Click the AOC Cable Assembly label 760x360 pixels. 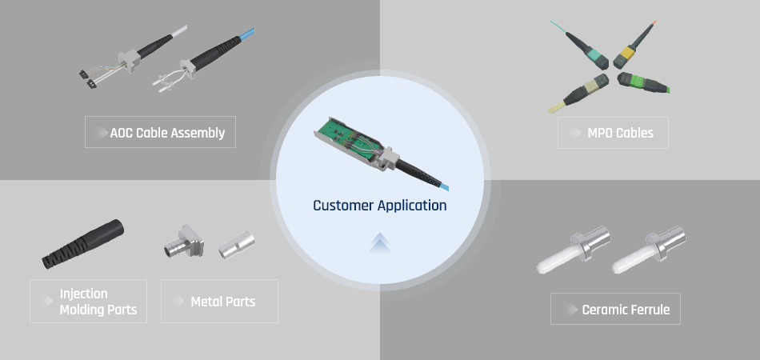pos(160,132)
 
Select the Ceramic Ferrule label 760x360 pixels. pos(615,309)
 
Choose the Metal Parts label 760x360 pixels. pos(219,301)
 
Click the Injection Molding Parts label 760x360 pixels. pos(88,301)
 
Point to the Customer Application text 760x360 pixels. pos(379,206)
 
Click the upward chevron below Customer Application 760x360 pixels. pos(380,242)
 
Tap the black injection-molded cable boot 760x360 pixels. pos(83,243)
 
